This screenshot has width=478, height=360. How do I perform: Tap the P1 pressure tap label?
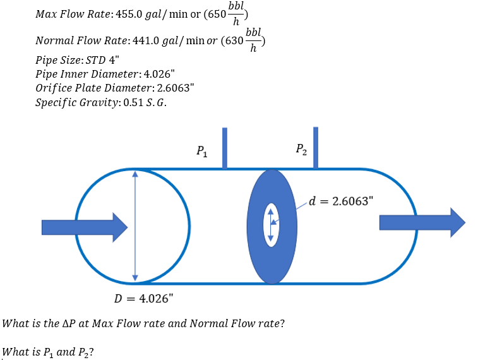(200, 151)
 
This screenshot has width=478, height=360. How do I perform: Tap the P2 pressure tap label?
(301, 150)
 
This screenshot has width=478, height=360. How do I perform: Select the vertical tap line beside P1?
(224, 148)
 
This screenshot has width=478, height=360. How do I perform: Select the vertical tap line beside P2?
(316, 148)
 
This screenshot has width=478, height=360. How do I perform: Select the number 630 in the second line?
(234, 40)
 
